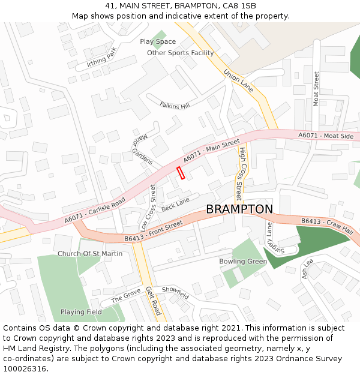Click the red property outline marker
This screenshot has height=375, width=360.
point(181,173)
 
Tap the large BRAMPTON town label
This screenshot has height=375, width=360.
point(239,209)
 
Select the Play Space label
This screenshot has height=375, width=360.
point(158,41)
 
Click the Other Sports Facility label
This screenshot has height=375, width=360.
point(181,53)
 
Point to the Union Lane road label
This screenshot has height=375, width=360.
point(239,80)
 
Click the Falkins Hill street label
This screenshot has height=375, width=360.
point(175,105)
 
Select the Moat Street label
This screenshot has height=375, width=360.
point(316,89)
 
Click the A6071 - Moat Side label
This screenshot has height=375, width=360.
point(326,136)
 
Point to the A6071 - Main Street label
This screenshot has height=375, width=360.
point(211,151)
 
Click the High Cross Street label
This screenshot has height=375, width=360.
point(240,173)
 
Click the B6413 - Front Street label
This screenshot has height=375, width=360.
point(154,232)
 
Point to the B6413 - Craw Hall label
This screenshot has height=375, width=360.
point(327,226)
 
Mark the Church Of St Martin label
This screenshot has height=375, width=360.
point(90,254)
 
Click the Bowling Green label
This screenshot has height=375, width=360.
point(243,262)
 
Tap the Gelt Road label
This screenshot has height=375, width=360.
point(154,301)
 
